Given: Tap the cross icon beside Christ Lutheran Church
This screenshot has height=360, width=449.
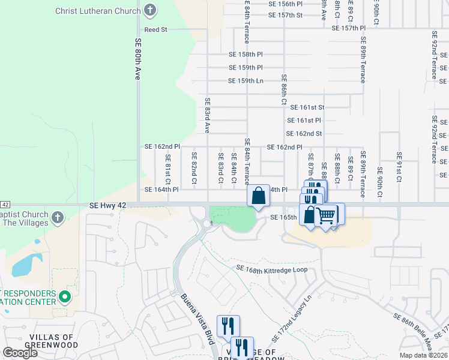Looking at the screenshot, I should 150,11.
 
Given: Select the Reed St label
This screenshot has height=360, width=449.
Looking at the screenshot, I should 155,29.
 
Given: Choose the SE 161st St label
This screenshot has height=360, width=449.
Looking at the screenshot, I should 307,107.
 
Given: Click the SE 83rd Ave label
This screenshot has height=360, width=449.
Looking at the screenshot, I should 207,115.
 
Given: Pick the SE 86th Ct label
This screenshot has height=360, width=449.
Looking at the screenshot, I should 284,90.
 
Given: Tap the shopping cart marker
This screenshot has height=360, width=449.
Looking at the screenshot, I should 327,215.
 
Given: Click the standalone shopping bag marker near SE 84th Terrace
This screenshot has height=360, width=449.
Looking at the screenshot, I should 258,195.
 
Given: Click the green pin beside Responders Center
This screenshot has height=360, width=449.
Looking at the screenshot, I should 67,297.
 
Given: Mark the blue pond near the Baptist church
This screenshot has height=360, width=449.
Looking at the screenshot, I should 23,265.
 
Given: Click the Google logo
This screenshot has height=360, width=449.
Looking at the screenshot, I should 20,353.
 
